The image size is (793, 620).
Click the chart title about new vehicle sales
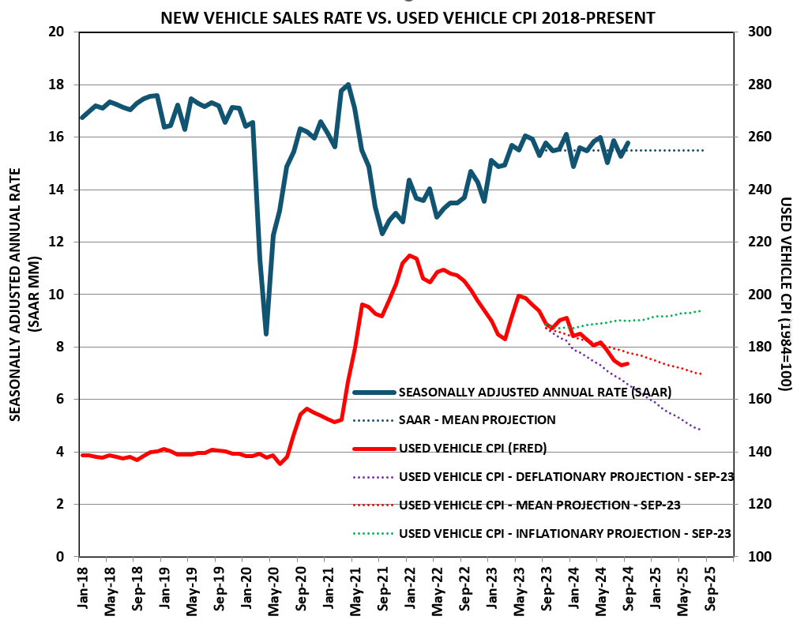pyautogui.click(x=408, y=17)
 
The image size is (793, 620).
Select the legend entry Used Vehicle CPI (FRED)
pyautogui.click(x=472, y=449)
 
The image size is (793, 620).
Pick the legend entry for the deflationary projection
pyautogui.click(x=565, y=477)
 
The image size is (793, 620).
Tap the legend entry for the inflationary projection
pyautogui.click(x=565, y=534)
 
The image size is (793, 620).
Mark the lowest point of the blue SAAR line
pyautogui.click(x=266, y=334)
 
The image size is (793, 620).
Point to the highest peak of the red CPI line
pyautogui.click(x=408, y=255)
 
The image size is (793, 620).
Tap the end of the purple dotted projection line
pyautogui.click(x=701, y=430)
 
